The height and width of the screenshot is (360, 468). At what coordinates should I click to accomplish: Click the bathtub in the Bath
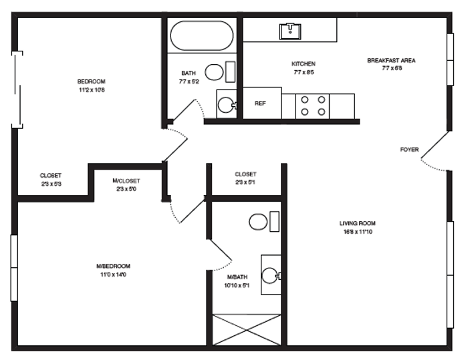[202, 35]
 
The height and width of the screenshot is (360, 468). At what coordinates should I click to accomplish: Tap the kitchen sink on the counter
[290, 31]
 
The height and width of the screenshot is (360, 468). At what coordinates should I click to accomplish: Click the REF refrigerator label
[260, 104]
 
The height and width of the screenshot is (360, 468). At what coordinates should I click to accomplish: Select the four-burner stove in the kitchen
[312, 106]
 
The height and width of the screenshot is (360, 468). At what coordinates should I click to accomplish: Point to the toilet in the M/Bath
[264, 222]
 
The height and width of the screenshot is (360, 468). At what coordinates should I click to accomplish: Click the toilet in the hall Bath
[220, 72]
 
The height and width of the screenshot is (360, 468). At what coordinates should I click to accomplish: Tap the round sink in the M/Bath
[271, 275]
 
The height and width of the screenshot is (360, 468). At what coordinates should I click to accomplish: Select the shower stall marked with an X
[247, 330]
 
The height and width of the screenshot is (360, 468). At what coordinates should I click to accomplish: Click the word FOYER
[409, 150]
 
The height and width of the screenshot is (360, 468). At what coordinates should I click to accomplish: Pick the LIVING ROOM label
[357, 223]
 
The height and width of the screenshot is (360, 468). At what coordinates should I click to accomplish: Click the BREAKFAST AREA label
[391, 60]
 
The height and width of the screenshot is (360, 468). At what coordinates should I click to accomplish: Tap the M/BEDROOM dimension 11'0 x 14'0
[113, 275]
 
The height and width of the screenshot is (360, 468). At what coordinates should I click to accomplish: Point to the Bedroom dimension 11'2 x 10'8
[92, 89]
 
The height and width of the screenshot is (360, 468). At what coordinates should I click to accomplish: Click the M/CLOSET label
[126, 181]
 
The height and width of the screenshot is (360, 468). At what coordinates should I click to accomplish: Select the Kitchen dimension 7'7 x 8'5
[304, 72]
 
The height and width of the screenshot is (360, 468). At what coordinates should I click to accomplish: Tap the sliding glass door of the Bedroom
[17, 89]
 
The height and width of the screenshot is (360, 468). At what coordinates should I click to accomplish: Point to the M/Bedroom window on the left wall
[14, 268]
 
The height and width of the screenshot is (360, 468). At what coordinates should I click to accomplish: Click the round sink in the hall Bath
[227, 104]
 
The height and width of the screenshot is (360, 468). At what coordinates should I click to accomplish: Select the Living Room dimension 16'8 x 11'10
[358, 232]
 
